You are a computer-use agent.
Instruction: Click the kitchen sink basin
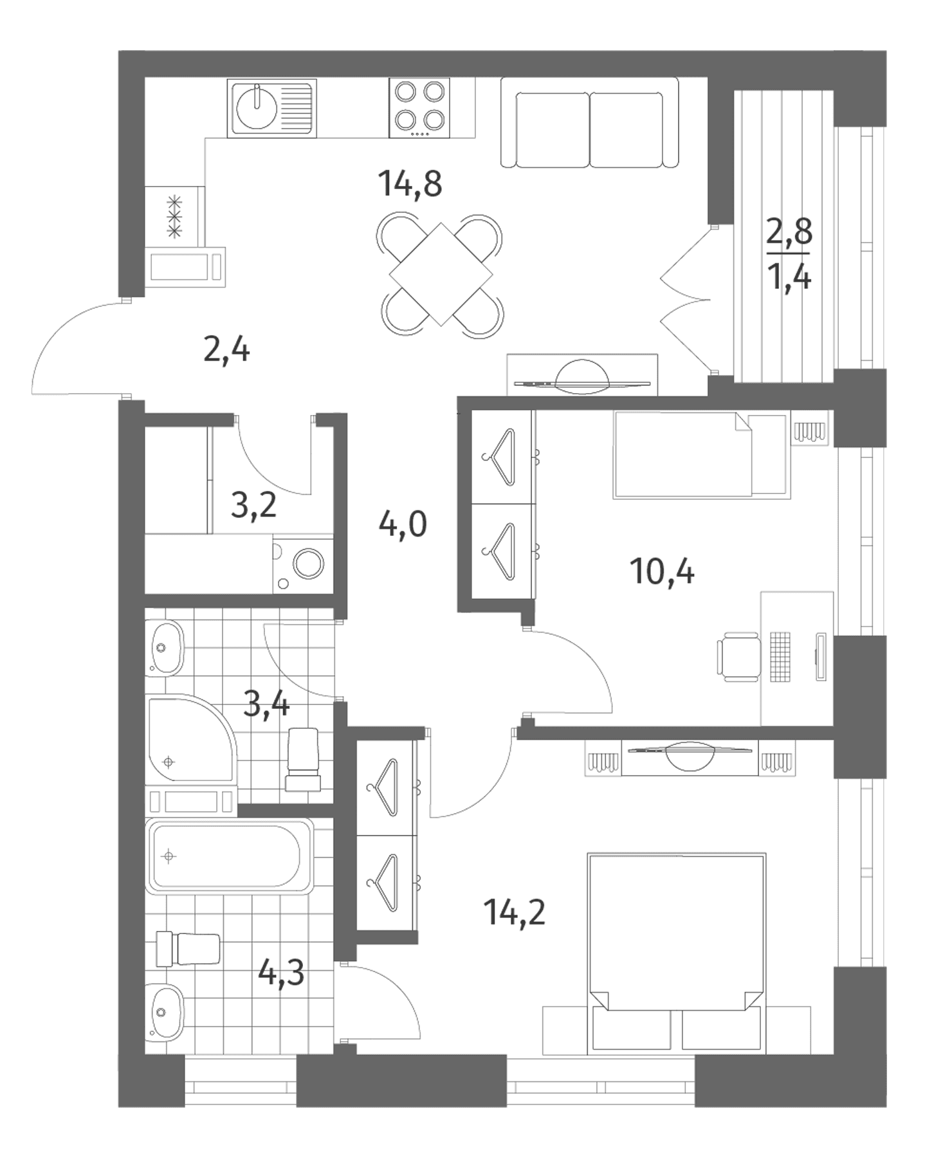coord(257,107)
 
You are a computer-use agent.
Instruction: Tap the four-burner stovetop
coord(419,108)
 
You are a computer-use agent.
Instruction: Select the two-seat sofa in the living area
coord(589,122)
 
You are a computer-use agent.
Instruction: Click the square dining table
coord(441,274)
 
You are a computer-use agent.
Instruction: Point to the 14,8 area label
coord(410,183)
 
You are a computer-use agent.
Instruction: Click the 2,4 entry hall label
coord(226,351)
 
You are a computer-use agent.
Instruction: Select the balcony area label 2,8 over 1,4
coord(789,254)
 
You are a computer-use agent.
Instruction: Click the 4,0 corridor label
coord(403,525)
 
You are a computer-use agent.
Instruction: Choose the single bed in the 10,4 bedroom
coord(701,455)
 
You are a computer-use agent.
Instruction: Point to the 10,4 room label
coord(663,571)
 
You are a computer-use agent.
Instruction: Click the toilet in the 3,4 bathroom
coord(303,760)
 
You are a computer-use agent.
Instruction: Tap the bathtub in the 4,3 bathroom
coord(230,856)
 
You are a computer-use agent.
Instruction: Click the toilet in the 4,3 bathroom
coord(188,948)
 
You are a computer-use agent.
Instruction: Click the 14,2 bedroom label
coord(516,912)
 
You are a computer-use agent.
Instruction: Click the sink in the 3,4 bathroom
coord(165,648)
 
